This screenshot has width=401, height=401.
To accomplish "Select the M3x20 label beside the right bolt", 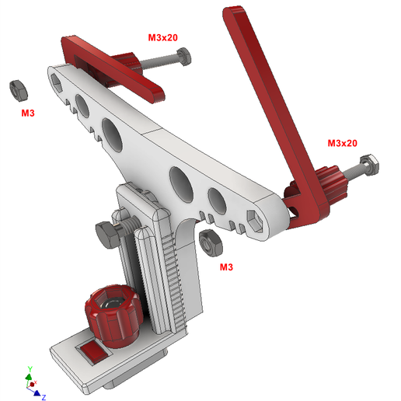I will point(342,143).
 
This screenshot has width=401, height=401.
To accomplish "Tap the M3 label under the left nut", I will point(28,113).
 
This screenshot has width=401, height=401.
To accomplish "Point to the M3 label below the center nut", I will point(227,267).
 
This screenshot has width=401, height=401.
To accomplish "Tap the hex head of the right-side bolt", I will point(370,164).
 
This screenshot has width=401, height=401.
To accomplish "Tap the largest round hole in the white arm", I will point(112,134).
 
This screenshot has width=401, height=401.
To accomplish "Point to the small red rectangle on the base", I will point(92,351).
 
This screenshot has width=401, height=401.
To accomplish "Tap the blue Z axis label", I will point(44,396).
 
